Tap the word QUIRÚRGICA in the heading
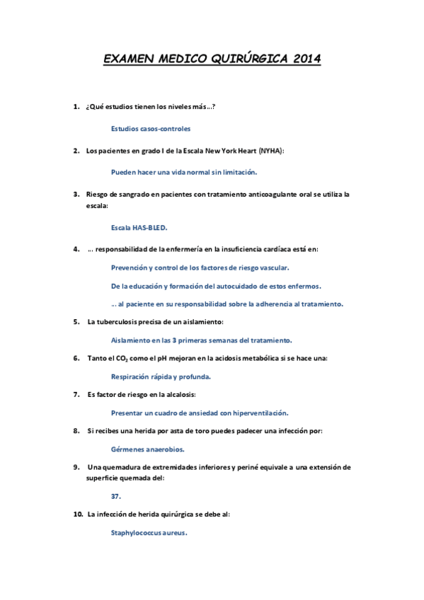click(x=237, y=59)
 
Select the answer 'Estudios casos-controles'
click(x=151, y=129)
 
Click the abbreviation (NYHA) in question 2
click(x=271, y=151)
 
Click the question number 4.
click(x=76, y=249)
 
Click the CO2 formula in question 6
click(x=117, y=359)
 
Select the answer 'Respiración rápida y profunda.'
click(x=161, y=376)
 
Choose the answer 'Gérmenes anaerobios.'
click(x=148, y=449)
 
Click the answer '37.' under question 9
click(x=116, y=497)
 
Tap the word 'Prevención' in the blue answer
click(x=130, y=267)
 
